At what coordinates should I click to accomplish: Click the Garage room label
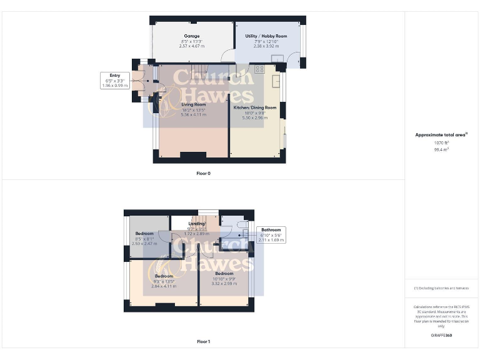coord(192,36)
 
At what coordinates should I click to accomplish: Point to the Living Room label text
coord(193,104)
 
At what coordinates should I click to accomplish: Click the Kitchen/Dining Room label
coord(254,107)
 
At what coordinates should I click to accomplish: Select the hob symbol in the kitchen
coord(259,69)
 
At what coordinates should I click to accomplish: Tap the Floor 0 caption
coord(203,173)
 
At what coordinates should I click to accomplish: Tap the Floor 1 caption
coord(203,342)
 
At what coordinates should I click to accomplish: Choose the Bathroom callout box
coord(271,234)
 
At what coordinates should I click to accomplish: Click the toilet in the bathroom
coord(242,223)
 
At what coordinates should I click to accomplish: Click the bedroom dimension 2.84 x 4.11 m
coord(164,286)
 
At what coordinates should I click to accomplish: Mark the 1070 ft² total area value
coord(441,143)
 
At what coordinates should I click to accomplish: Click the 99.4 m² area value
coord(441,149)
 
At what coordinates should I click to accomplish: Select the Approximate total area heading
coord(441,134)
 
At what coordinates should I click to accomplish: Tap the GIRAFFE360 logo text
coord(441,336)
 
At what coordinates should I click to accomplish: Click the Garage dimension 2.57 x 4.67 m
coord(192,46)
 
